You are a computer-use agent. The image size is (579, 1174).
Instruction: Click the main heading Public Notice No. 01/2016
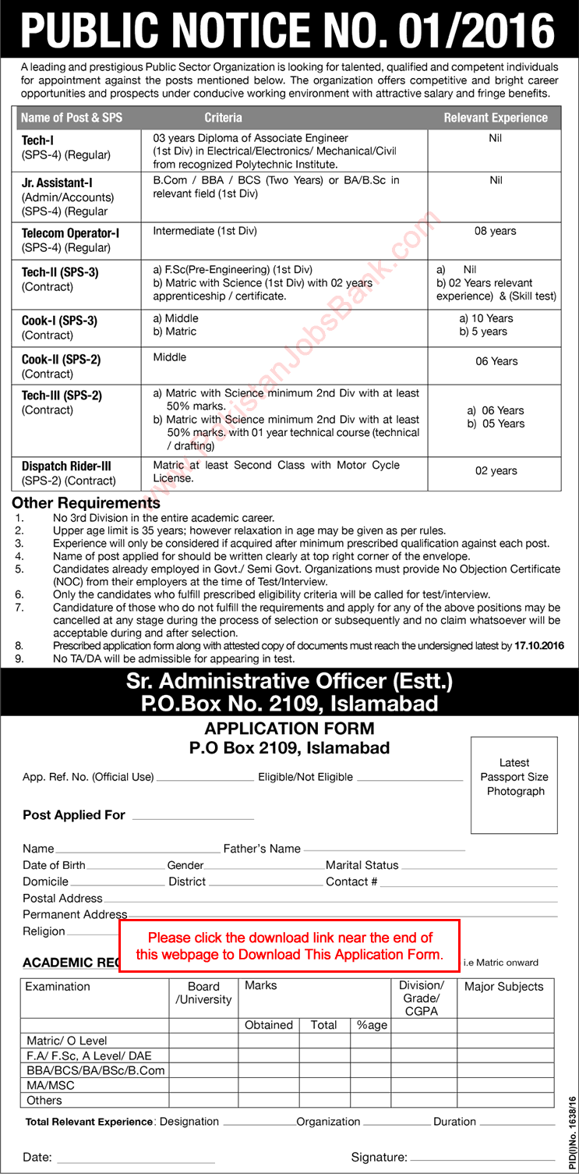tap(288, 30)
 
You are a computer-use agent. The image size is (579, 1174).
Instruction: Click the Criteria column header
tap(223, 118)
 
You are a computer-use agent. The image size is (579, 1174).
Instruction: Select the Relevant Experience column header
tap(496, 118)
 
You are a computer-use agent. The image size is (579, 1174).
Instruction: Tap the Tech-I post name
tap(37, 140)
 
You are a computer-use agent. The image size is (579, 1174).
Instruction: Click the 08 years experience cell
tap(496, 232)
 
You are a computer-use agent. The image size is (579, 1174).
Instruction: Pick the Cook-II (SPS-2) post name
tap(61, 360)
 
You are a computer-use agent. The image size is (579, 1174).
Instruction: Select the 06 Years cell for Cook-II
tap(496, 361)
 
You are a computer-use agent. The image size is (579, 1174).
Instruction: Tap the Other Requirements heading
tap(86, 502)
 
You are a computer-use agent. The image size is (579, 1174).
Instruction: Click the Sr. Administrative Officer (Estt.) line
tap(289, 682)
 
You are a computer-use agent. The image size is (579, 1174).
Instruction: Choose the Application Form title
tap(289, 729)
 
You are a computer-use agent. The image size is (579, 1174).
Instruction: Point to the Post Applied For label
tap(74, 815)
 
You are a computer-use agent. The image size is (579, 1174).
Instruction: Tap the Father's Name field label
tap(262, 849)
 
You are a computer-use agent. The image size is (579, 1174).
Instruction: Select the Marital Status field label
tap(362, 865)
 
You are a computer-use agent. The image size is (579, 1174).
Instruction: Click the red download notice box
tap(289, 946)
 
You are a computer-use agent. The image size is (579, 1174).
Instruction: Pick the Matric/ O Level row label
tap(67, 1041)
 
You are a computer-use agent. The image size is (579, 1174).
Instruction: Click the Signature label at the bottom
tap(379, 1158)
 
